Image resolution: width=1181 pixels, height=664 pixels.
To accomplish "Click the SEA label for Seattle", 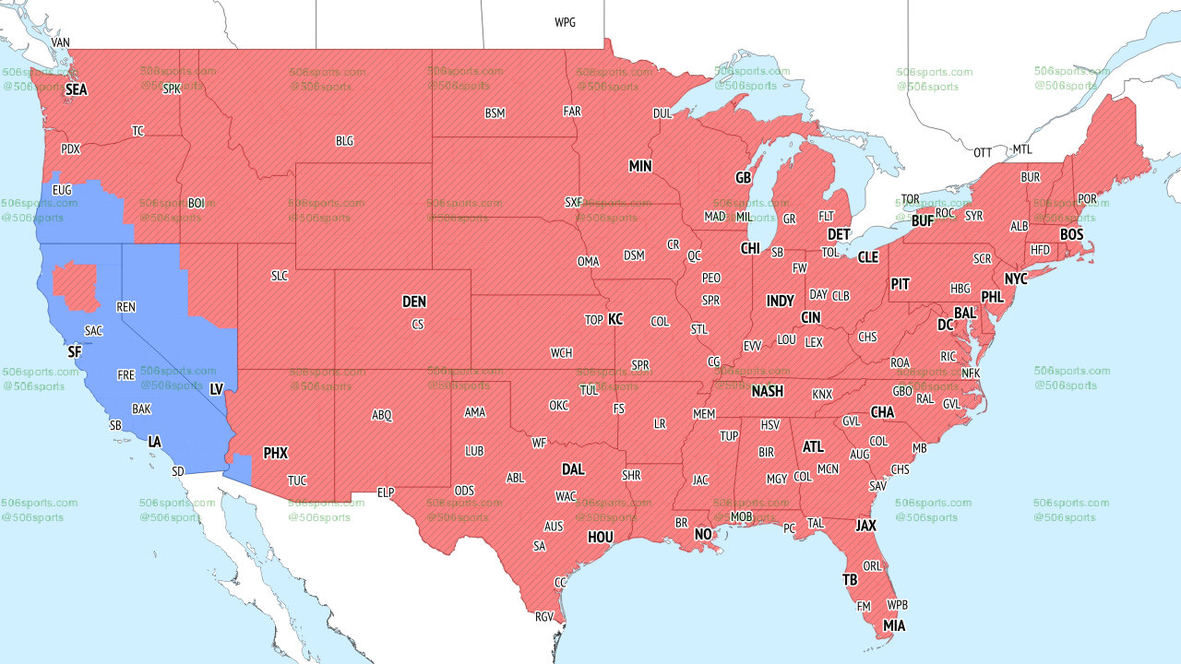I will pos(76,90).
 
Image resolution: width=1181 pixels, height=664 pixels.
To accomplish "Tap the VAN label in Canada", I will pos(61,42).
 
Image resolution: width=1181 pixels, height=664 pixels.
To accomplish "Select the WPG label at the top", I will pos(565,22).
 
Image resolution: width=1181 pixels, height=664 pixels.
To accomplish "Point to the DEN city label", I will pos(414,302).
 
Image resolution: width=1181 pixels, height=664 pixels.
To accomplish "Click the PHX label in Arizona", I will pos(275,453).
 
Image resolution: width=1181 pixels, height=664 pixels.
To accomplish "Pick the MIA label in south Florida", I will pos(893,626).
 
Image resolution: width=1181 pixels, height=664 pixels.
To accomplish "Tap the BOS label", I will pos(1071,235).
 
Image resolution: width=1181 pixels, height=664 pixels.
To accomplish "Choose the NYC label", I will pos(1016,279).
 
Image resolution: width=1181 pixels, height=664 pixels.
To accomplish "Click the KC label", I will pos(615,319).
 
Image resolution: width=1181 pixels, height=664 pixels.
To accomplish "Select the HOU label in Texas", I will pos(601,537).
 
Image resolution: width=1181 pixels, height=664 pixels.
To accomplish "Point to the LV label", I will pos(217,389).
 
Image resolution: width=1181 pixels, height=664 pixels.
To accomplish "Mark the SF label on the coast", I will pos(75,352).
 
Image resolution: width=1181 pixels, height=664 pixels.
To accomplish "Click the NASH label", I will pos(767,391).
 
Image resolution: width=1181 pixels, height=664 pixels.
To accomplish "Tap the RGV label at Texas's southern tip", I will pos(544,617).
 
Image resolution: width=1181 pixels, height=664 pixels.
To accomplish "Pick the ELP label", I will pos(386,492).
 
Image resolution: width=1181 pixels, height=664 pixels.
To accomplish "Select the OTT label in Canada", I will pos(983,152).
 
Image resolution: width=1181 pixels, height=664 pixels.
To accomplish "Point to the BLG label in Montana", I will pos(344,141).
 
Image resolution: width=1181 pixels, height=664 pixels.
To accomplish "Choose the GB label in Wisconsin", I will pos(743,177).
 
